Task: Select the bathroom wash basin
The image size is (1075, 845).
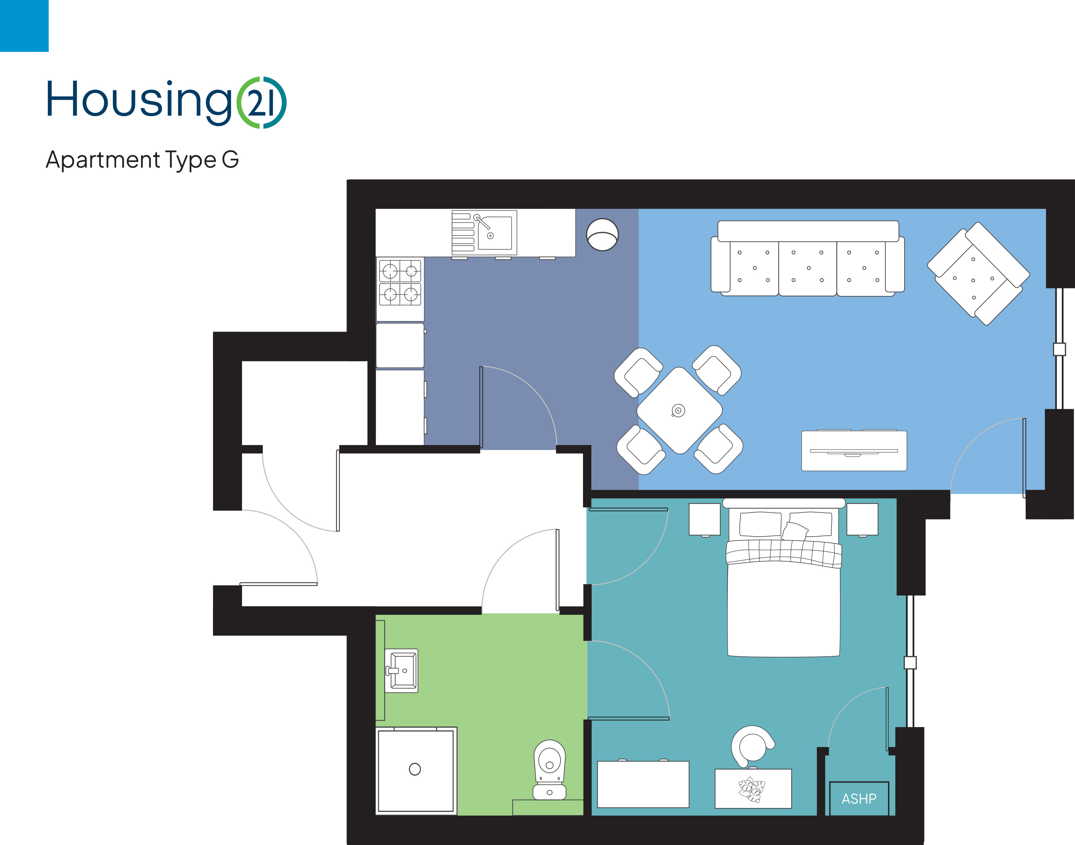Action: pyautogui.click(x=401, y=671)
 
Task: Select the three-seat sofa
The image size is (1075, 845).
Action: pyautogui.click(x=807, y=258)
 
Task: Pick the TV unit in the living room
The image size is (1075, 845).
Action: pyautogui.click(x=854, y=450)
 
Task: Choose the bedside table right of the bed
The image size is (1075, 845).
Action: pyautogui.click(x=862, y=520)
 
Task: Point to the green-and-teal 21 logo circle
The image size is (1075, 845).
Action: pyautogui.click(x=261, y=102)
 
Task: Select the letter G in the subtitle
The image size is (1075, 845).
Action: pyautogui.click(x=230, y=159)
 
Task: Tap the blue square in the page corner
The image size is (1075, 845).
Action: pyautogui.click(x=24, y=26)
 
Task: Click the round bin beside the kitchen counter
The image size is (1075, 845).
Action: pyautogui.click(x=602, y=234)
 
